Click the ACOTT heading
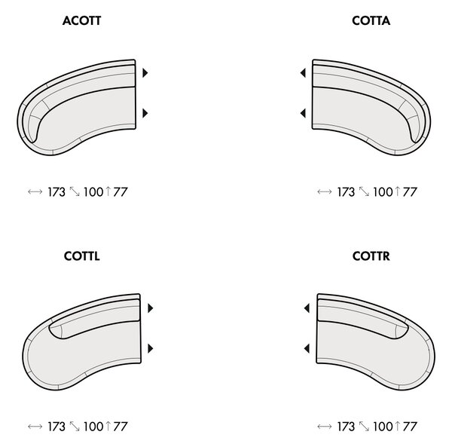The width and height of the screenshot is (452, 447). click(81, 21)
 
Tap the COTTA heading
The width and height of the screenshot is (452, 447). click(371, 21)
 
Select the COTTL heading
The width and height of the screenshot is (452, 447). click(82, 256)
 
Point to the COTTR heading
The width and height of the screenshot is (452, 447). click(371, 256)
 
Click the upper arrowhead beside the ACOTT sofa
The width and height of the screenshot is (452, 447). click(145, 73)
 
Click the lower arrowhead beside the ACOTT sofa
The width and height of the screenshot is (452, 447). click(145, 113)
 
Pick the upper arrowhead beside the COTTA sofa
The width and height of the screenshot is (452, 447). click(303, 73)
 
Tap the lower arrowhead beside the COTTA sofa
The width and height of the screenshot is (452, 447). click(303, 113)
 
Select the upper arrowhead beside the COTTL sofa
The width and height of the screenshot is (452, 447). click(150, 308)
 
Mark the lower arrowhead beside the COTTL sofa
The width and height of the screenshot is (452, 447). click(150, 348)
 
